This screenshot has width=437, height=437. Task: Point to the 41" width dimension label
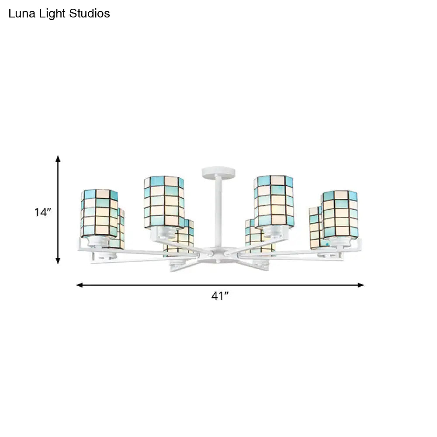tap(220, 296)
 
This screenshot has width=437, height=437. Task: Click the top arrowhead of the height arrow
tap(58, 159)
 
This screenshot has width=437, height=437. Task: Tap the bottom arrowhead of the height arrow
tap(58, 261)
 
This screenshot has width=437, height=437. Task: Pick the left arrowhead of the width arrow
tap(80, 285)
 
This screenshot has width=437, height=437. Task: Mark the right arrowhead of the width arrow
tap(361, 285)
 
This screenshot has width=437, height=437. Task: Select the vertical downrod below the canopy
tap(215, 210)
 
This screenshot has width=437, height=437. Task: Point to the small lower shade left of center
tap(180, 238)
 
